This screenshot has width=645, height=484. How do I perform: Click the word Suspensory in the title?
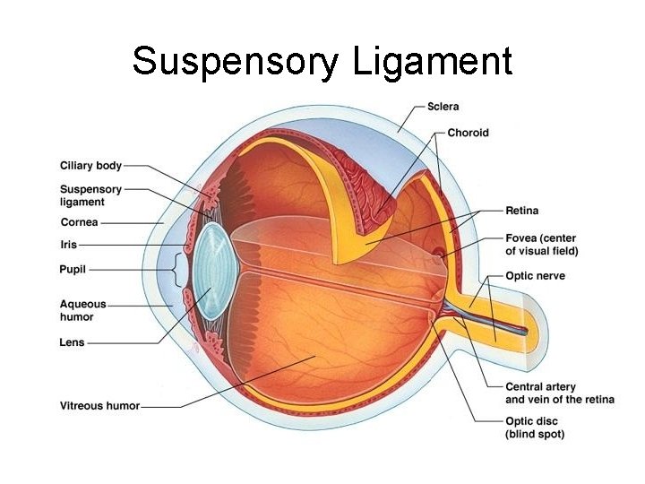click(236, 62)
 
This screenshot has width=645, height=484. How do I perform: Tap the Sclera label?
click(442, 107)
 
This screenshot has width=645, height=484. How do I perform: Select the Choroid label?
click(469, 133)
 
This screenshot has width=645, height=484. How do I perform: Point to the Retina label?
click(521, 211)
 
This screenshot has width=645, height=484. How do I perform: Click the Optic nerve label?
click(535, 276)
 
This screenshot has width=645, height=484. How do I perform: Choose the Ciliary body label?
click(90, 166)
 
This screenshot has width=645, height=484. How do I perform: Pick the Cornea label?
click(79, 222)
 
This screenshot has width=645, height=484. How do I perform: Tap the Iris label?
click(69, 245)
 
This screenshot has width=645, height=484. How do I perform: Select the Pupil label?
click(73, 269)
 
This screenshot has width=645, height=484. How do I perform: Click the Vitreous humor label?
click(99, 406)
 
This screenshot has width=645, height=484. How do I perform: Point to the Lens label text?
click(73, 342)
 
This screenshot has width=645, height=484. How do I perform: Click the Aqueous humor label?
click(82, 310)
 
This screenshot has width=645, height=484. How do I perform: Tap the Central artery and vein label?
click(559, 393)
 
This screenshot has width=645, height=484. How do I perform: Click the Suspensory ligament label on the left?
click(90, 195)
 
